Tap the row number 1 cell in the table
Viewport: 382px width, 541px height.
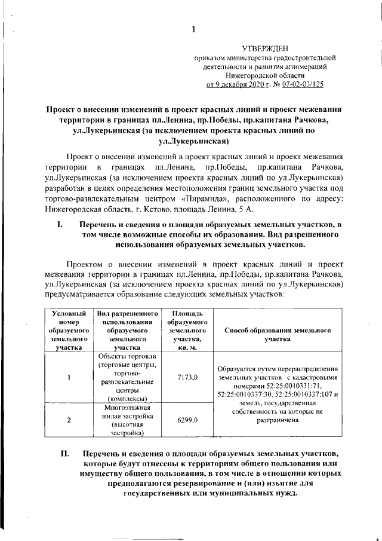coord(69,377)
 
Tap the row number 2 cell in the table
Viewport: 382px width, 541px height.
coord(69,420)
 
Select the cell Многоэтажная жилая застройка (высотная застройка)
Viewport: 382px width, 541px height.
coord(127,420)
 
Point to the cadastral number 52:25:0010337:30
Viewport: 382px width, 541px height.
coord(244,395)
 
